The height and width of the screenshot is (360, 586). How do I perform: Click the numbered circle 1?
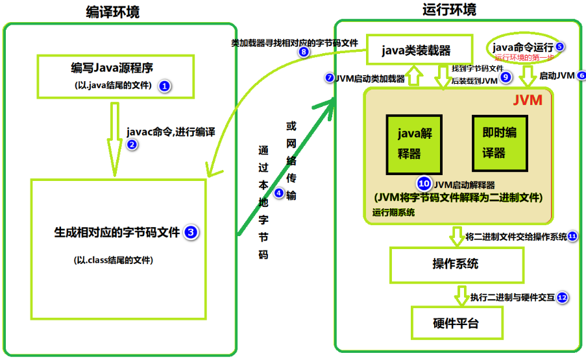[x=165, y=86]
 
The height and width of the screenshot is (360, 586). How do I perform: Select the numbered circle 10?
[x=424, y=184]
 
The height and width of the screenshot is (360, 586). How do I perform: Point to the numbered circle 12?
[x=562, y=298]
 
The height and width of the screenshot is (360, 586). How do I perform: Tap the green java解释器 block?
[x=410, y=143]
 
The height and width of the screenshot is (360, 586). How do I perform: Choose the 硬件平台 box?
[x=457, y=323]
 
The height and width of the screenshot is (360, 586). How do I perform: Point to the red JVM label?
[x=527, y=101]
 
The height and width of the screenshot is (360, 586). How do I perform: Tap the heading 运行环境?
[x=448, y=9]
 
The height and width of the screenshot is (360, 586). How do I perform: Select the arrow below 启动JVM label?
[x=527, y=78]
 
